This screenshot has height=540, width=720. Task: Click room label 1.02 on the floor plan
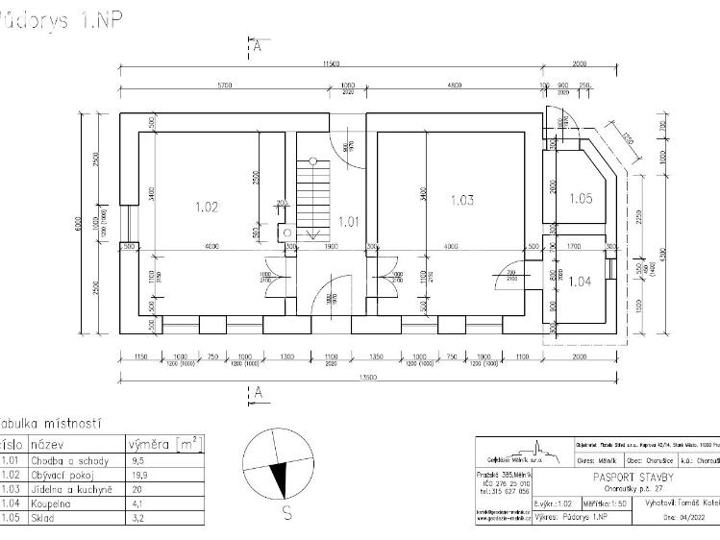(x=208, y=206)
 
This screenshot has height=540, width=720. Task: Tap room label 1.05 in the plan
(x=581, y=199)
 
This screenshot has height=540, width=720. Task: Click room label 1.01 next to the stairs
(x=349, y=222)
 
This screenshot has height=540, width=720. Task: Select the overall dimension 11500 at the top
(x=331, y=63)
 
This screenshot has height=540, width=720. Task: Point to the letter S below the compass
(x=286, y=513)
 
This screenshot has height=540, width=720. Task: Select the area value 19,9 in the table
(x=138, y=474)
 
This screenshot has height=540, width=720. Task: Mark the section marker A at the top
(x=258, y=44)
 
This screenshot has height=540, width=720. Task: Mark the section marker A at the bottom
(x=258, y=391)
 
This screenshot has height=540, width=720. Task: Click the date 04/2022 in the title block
(x=680, y=516)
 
